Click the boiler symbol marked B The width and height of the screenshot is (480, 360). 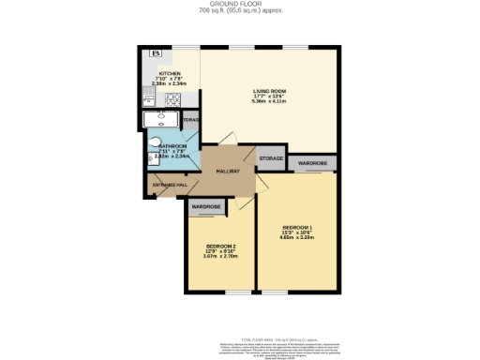(x=157, y=53)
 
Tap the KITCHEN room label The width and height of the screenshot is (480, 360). (x=170, y=72)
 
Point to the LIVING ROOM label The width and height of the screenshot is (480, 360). (x=268, y=91)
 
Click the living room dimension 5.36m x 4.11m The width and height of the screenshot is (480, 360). (x=268, y=102)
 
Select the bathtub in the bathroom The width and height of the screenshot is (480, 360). (x=162, y=119)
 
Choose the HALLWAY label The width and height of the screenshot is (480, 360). (x=229, y=172)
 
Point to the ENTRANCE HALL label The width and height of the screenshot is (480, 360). (x=169, y=185)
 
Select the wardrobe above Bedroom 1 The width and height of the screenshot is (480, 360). (x=312, y=163)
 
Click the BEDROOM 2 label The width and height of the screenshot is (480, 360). (x=219, y=246)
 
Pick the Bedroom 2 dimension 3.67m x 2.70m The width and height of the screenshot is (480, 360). (x=219, y=257)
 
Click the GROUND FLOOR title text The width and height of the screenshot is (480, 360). (x=239, y=5)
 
